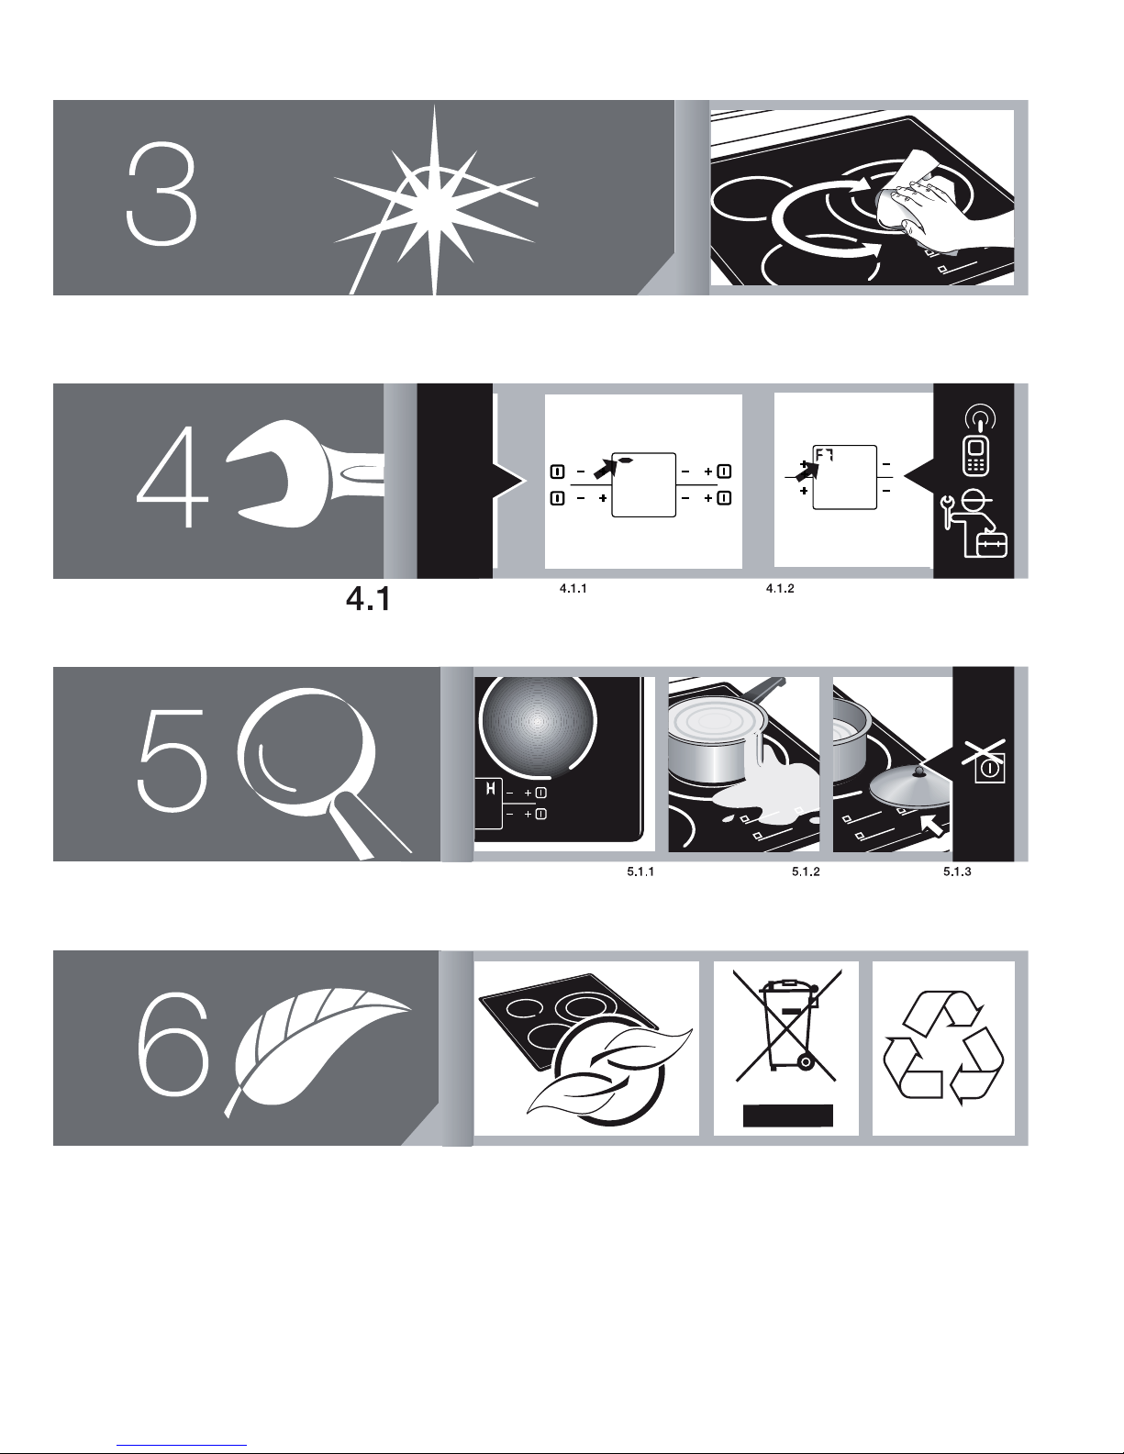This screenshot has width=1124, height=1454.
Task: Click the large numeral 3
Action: click(x=161, y=194)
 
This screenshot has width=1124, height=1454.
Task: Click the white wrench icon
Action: click(x=305, y=473)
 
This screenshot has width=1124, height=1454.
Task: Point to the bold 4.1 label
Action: click(x=368, y=599)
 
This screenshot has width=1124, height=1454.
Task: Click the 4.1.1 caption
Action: click(x=573, y=589)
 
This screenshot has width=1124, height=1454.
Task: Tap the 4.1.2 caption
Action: click(x=779, y=589)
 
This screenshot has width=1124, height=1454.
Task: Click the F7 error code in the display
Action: click(x=824, y=456)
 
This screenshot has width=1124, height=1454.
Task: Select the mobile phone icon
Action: click(x=976, y=457)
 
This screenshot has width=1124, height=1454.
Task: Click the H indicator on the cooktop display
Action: click(x=490, y=788)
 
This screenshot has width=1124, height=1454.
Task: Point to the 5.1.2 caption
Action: click(x=806, y=871)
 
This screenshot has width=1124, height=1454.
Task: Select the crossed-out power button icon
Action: click(x=985, y=761)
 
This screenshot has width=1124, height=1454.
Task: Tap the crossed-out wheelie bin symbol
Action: click(x=787, y=1025)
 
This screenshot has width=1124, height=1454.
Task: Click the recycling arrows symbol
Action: click(x=943, y=1048)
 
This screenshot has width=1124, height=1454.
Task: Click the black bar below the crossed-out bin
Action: click(x=788, y=1115)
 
